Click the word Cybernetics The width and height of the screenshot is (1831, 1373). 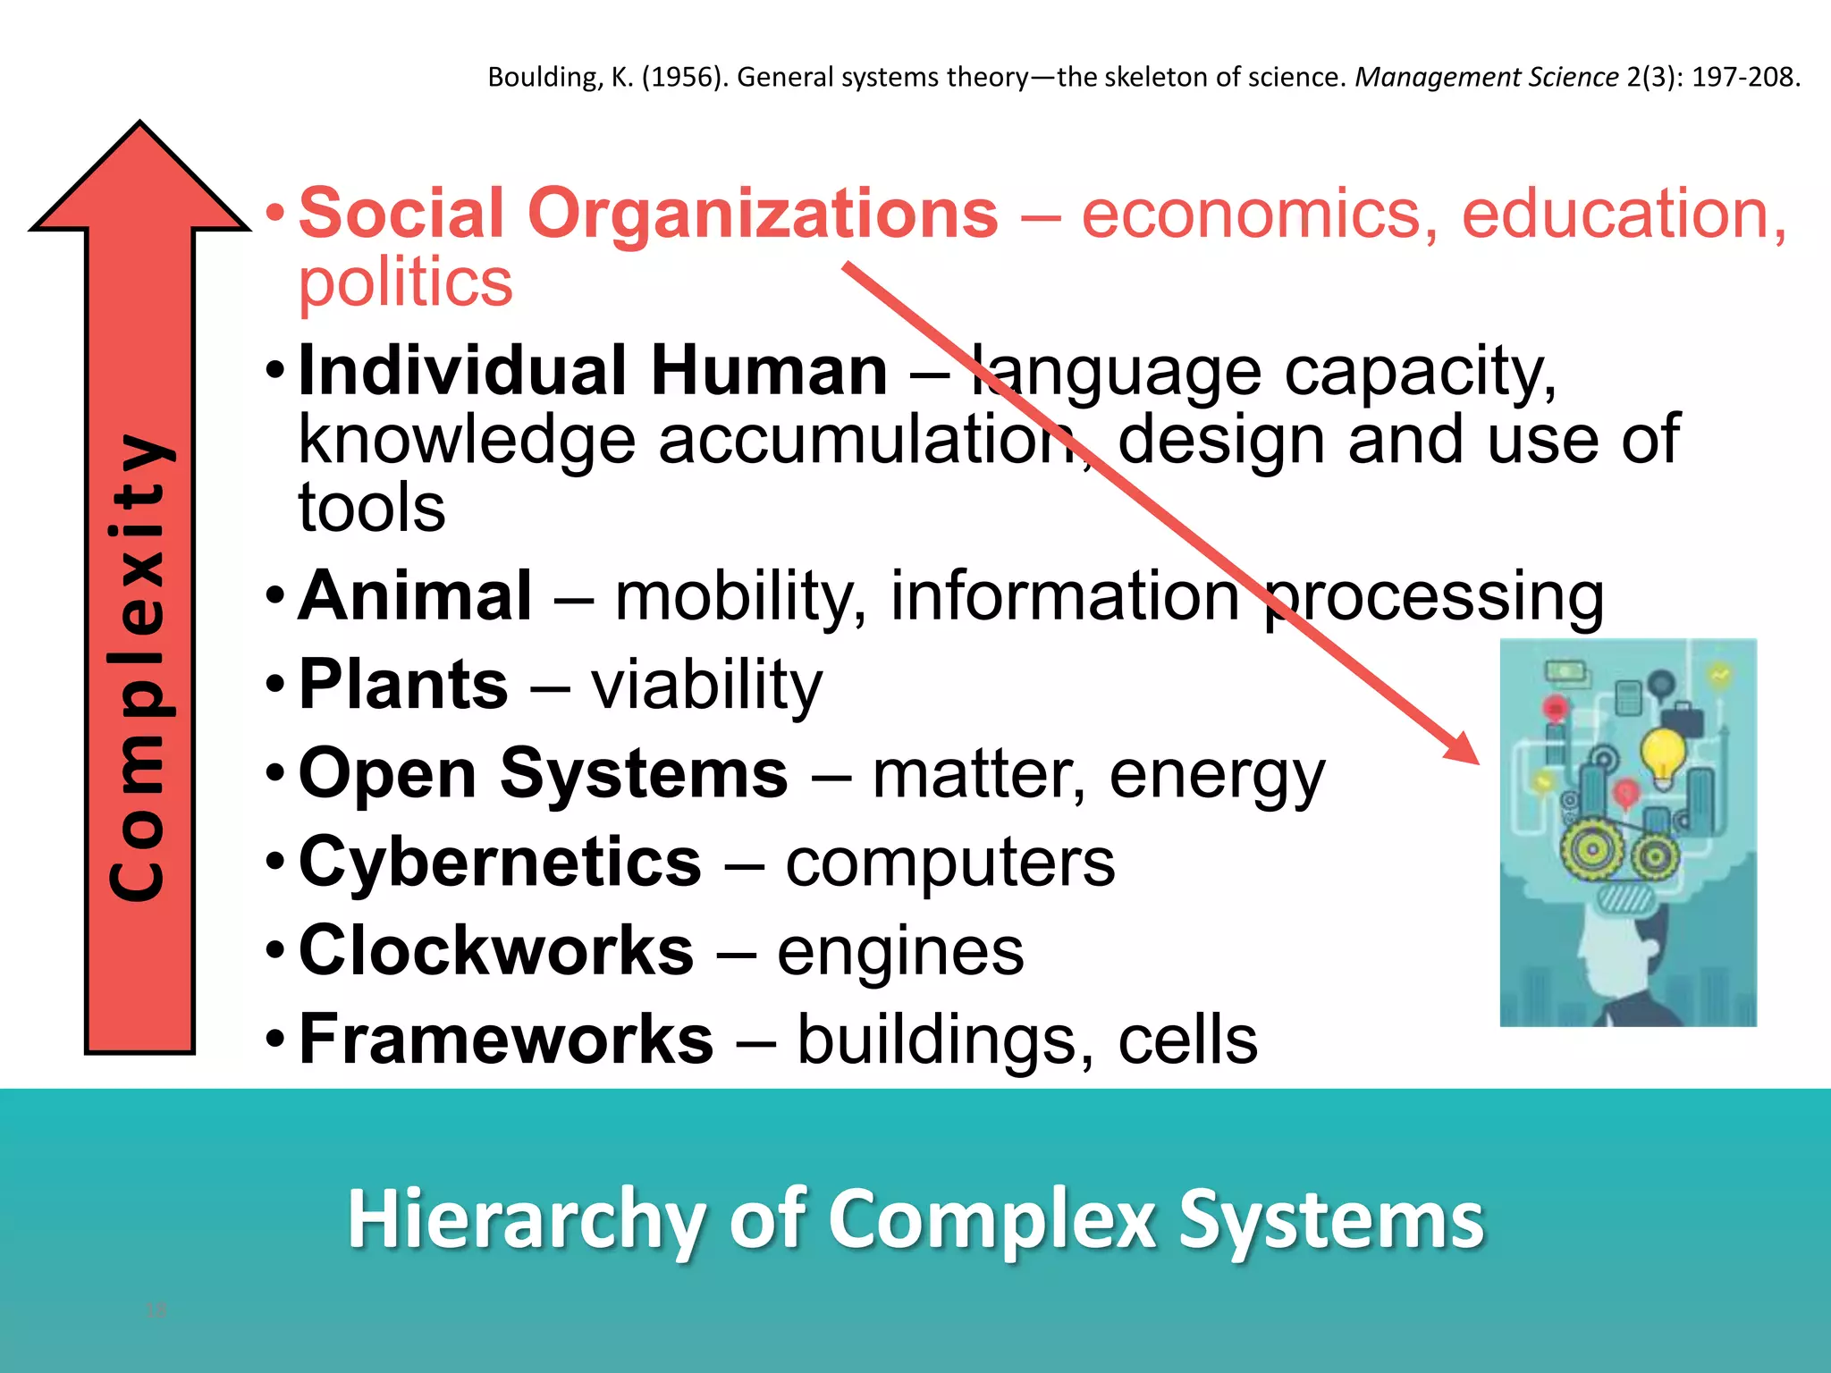coord(500,863)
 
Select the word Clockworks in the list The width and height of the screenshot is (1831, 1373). coord(496,951)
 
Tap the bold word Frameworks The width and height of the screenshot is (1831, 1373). coord(506,1040)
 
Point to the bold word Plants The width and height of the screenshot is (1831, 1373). coord(403,686)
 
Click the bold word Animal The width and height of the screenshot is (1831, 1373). coord(415,596)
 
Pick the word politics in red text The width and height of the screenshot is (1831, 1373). coord(405,283)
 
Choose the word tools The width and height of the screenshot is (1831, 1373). coord(372,508)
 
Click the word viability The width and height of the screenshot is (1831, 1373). coord(706,686)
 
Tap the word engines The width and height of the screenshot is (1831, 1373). coord(899,953)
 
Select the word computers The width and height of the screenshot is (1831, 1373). coord(949,863)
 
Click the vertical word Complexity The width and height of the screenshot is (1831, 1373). coord(139,666)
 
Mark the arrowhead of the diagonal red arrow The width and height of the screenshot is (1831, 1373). coord(1462,747)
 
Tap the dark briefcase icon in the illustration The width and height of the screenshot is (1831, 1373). coord(1682,718)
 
